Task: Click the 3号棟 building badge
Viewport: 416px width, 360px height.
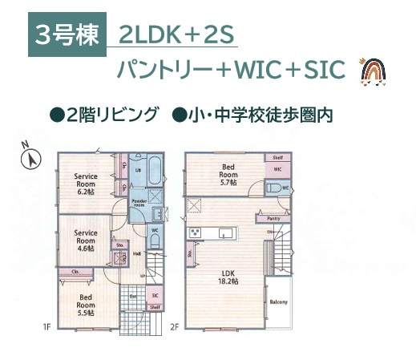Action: pyautogui.click(x=67, y=35)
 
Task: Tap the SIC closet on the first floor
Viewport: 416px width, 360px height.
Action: pyautogui.click(x=155, y=295)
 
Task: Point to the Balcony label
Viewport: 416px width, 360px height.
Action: pyautogui.click(x=277, y=301)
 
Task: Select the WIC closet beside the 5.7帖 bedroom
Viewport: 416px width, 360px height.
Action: pyautogui.click(x=277, y=170)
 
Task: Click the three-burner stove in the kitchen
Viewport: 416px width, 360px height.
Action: pyautogui.click(x=195, y=233)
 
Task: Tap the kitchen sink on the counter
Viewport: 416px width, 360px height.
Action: pyautogui.click(x=225, y=233)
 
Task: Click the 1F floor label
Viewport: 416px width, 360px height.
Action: pyautogui.click(x=47, y=326)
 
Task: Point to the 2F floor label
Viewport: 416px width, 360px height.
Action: pyautogui.click(x=176, y=326)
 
